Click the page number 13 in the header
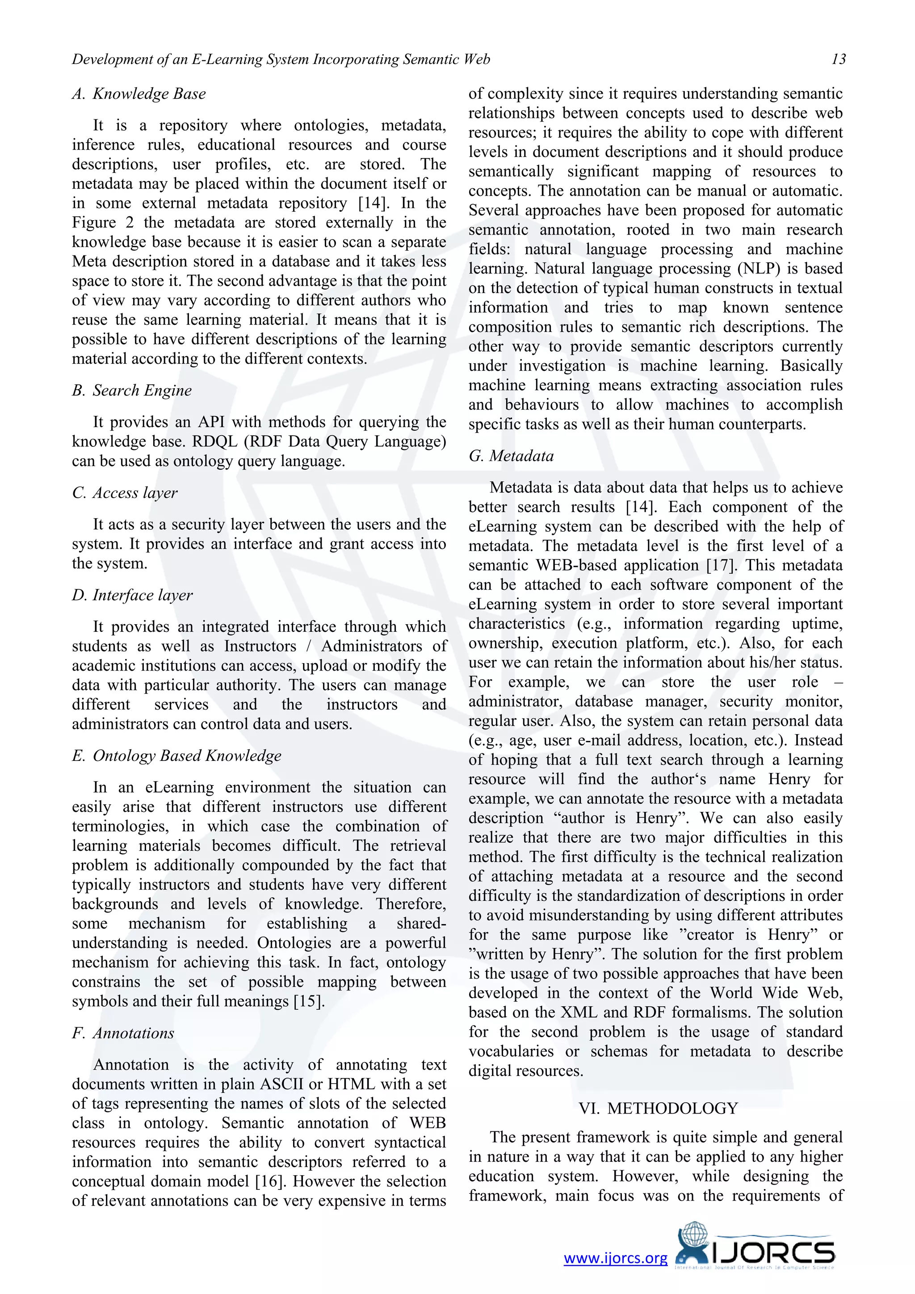click(838, 59)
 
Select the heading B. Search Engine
click(132, 390)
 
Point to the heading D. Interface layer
click(132, 595)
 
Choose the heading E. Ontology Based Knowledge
click(176, 755)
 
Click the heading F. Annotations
click(123, 1033)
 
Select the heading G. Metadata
click(511, 455)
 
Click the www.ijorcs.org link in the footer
click(615, 1258)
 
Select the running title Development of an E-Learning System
click(281, 59)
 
